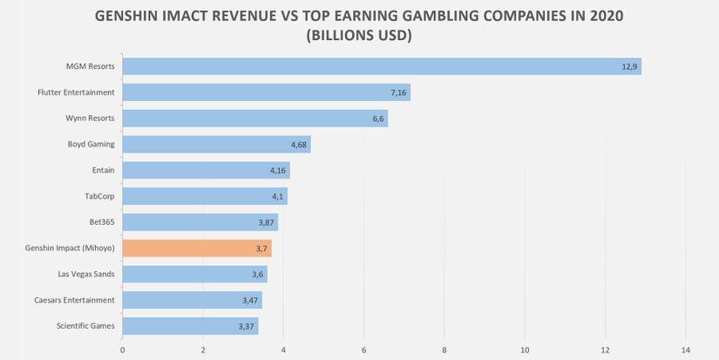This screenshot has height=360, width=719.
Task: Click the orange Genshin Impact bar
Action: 197,248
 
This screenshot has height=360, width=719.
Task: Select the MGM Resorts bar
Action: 382,66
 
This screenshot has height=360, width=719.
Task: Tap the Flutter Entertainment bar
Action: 266,92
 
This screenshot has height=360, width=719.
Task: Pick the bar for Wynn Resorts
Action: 254,119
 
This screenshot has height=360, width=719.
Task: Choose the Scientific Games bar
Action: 190,326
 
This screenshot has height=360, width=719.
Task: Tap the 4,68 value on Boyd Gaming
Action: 299,145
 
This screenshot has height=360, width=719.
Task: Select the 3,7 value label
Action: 262,248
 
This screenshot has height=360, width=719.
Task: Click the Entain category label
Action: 103,170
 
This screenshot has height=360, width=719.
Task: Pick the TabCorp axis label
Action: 98,196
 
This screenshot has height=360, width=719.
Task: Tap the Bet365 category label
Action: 101,222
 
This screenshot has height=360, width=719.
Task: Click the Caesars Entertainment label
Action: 76,300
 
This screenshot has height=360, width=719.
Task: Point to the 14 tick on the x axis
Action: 685,351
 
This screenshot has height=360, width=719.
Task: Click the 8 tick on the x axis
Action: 444,351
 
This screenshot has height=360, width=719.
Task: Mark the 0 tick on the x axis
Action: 122,351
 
